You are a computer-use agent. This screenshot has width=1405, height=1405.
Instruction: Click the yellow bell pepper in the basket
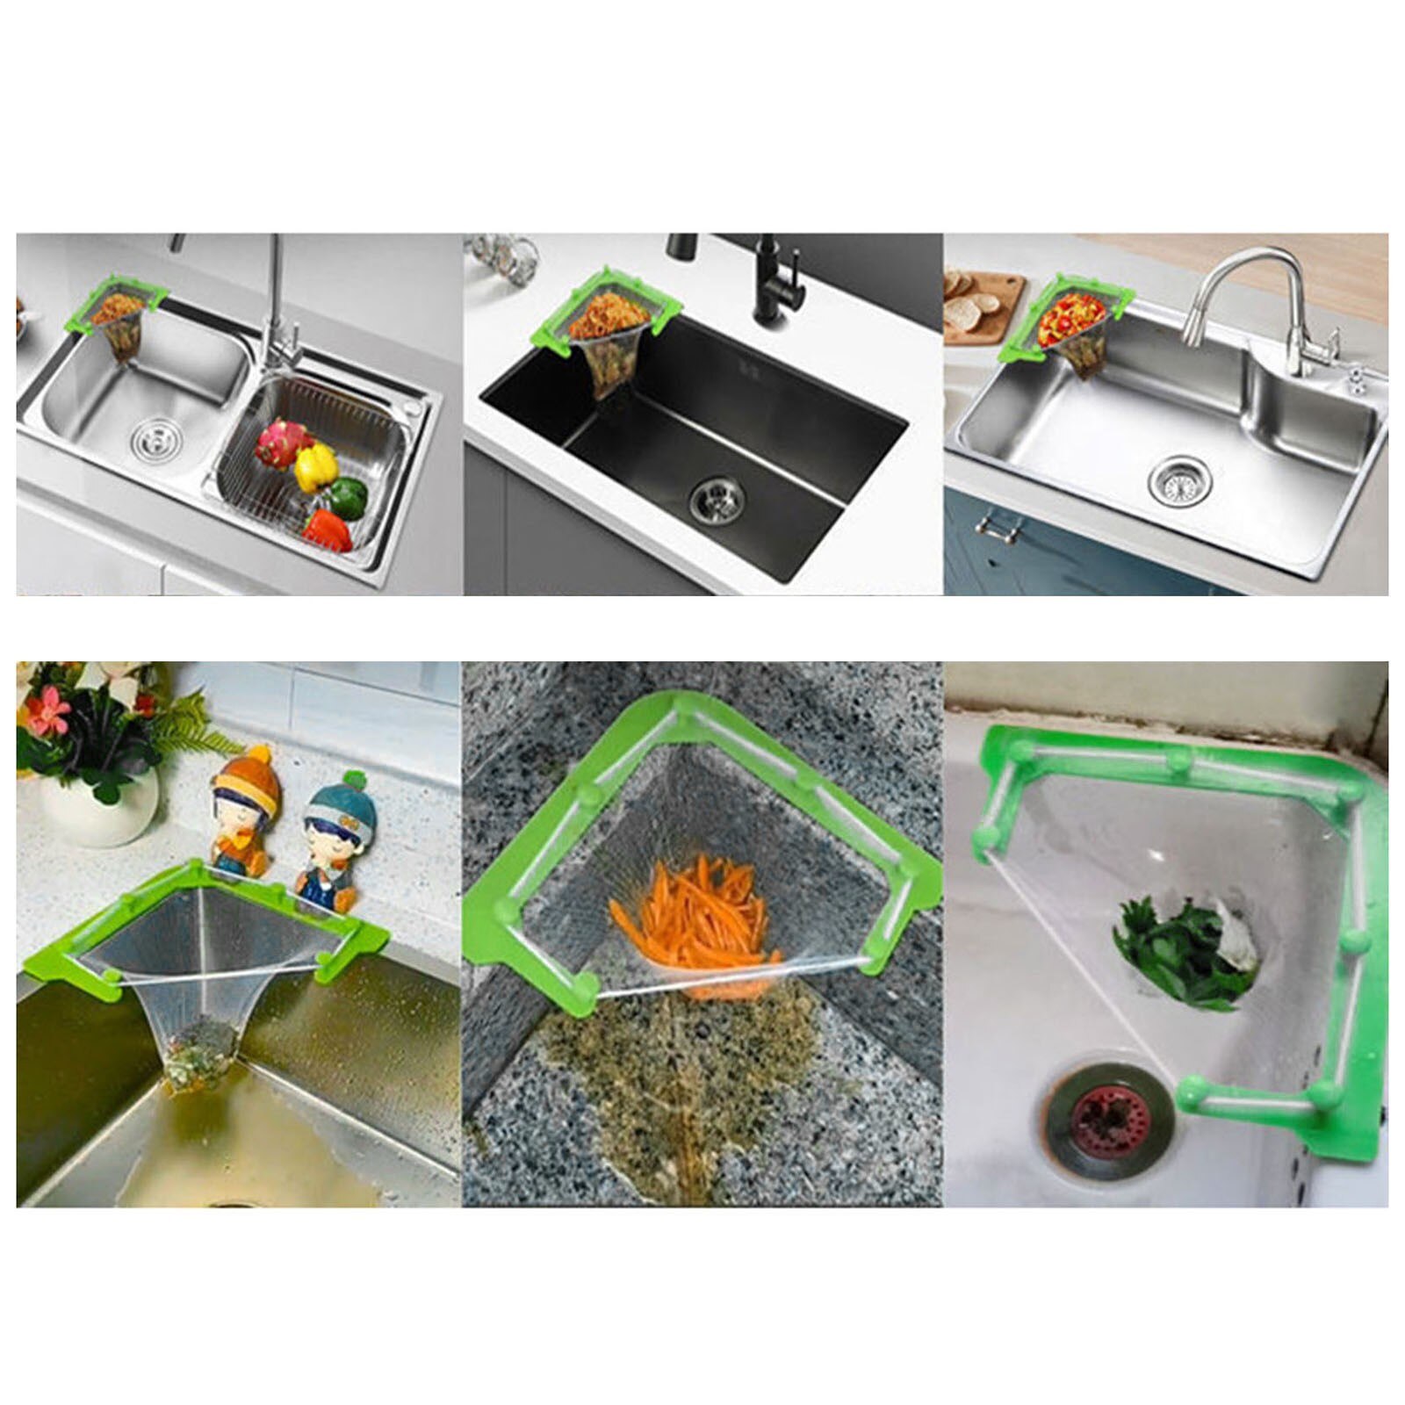pos(315,466)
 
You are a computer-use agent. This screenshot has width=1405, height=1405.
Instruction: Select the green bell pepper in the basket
pos(349,497)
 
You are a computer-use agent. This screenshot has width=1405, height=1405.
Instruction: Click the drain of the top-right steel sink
pos(1179,480)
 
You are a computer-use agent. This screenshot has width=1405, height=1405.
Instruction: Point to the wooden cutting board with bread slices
pos(983,306)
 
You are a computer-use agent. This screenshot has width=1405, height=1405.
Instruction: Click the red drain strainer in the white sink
pos(1109,1121)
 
